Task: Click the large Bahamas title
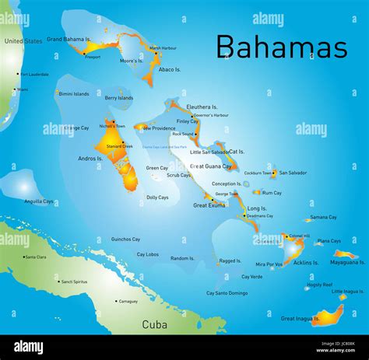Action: (x=281, y=47)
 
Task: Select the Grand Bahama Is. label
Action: (x=69, y=38)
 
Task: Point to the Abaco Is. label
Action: (x=170, y=69)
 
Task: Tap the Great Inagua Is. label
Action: (x=300, y=318)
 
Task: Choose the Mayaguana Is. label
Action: (x=348, y=262)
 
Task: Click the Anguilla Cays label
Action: (x=39, y=201)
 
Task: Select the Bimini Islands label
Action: (x=73, y=93)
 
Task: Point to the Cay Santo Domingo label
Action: (x=227, y=293)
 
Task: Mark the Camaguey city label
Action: (x=128, y=301)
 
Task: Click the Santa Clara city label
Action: (x=36, y=257)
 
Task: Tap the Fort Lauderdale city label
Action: (x=35, y=75)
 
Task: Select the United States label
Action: (x=23, y=40)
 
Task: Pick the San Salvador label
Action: (x=293, y=173)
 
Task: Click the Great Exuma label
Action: (x=209, y=205)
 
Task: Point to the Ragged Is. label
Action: (x=230, y=261)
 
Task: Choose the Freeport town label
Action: (x=93, y=57)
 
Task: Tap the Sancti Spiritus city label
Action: (x=77, y=281)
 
